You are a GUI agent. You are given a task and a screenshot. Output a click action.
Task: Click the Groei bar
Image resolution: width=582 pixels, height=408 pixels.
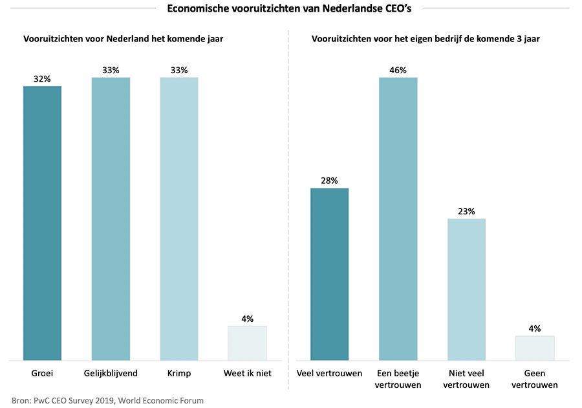(42, 223)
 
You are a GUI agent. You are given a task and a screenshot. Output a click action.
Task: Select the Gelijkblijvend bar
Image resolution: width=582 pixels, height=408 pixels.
(111, 218)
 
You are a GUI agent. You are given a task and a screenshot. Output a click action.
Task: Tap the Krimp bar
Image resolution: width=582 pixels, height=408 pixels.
(179, 218)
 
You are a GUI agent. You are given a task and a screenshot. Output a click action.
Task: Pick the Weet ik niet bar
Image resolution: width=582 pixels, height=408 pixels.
(247, 343)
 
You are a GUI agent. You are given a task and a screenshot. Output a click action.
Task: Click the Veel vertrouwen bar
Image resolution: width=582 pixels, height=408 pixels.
(329, 274)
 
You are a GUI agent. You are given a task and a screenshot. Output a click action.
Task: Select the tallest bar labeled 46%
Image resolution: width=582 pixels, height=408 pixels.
(398, 218)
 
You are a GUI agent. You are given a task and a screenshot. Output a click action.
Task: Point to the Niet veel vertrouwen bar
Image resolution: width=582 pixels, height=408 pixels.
(466, 289)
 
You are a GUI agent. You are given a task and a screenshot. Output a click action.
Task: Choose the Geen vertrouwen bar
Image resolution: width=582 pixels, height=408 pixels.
(535, 348)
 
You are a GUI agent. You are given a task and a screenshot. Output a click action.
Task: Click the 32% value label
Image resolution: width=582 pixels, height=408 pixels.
(42, 79)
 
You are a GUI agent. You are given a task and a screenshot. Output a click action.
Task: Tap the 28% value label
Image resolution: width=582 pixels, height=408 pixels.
(329, 181)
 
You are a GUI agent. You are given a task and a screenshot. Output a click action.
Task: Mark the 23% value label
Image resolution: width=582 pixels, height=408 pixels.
(466, 211)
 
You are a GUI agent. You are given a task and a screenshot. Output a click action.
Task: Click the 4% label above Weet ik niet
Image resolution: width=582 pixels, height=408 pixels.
(247, 319)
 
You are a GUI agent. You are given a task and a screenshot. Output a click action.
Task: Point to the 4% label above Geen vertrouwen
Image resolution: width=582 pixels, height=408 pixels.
(535, 328)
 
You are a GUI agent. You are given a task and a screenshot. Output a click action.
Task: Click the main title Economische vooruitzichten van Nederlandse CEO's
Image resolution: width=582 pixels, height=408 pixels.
(289, 8)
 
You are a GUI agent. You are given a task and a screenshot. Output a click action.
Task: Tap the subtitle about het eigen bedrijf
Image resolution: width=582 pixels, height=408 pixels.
(426, 39)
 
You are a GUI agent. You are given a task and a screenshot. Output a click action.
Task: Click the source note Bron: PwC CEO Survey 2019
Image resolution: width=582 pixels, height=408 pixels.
(107, 400)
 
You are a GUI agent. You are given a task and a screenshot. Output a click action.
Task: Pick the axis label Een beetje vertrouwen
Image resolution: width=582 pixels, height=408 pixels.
(398, 379)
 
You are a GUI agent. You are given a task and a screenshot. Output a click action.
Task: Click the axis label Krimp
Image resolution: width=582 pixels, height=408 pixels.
(179, 374)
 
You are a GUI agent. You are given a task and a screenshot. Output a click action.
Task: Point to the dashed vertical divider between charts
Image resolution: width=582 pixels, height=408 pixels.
(288, 214)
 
